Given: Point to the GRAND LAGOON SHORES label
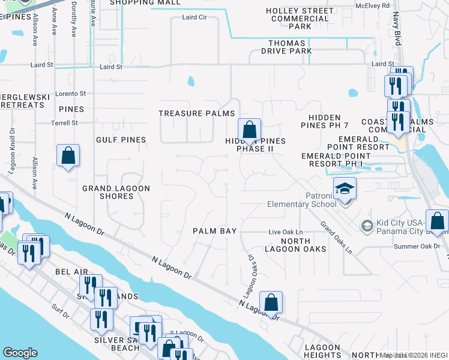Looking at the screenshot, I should tap(116, 192).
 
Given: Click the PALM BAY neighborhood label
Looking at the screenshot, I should tap(215, 231).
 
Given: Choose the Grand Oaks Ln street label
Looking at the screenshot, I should tap(336, 238).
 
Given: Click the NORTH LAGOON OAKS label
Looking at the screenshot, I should tap(295, 245).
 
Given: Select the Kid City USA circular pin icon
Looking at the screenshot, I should tap(367, 226).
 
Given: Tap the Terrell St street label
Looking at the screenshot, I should tap(64, 123).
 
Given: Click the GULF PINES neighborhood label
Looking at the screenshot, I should tap(121, 140).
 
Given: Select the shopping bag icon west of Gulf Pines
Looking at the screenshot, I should tap(68, 156).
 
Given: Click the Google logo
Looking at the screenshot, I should tap(20, 352).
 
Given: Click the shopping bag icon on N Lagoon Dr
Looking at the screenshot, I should tap(271, 303).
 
